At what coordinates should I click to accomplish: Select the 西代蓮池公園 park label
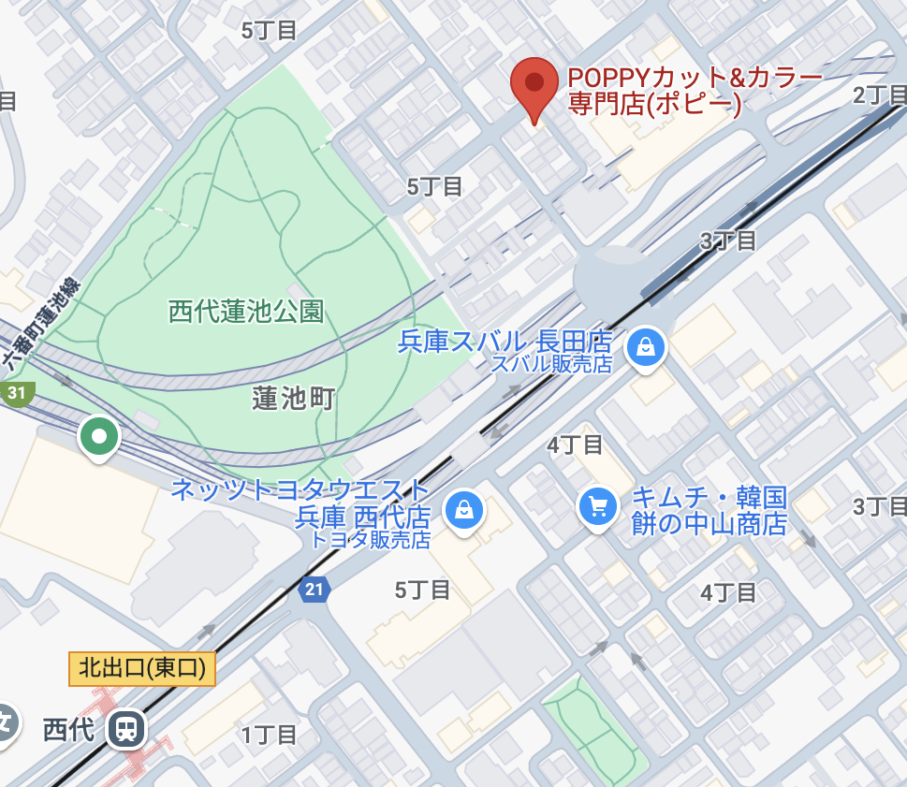tap(246, 311)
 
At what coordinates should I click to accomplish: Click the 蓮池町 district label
tap(293, 399)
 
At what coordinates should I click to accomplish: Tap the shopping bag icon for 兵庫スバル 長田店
tap(646, 347)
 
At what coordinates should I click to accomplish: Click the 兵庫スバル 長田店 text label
tap(505, 342)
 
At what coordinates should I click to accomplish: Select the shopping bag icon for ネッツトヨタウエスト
tap(463, 510)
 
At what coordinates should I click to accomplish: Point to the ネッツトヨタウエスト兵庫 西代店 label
tap(300, 503)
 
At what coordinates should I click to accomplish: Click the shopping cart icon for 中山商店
tap(597, 507)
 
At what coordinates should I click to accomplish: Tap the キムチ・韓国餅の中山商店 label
tap(710, 510)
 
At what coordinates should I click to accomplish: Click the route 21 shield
tap(314, 590)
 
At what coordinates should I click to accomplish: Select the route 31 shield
tap(17, 393)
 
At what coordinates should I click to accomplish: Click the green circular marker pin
tap(98, 436)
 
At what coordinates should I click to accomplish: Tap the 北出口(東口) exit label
tap(142, 668)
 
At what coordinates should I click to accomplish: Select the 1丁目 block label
tap(270, 735)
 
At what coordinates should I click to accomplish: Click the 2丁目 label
tap(880, 95)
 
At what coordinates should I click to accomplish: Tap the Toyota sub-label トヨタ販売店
tap(371, 540)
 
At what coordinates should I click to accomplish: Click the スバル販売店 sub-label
tap(551, 364)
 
